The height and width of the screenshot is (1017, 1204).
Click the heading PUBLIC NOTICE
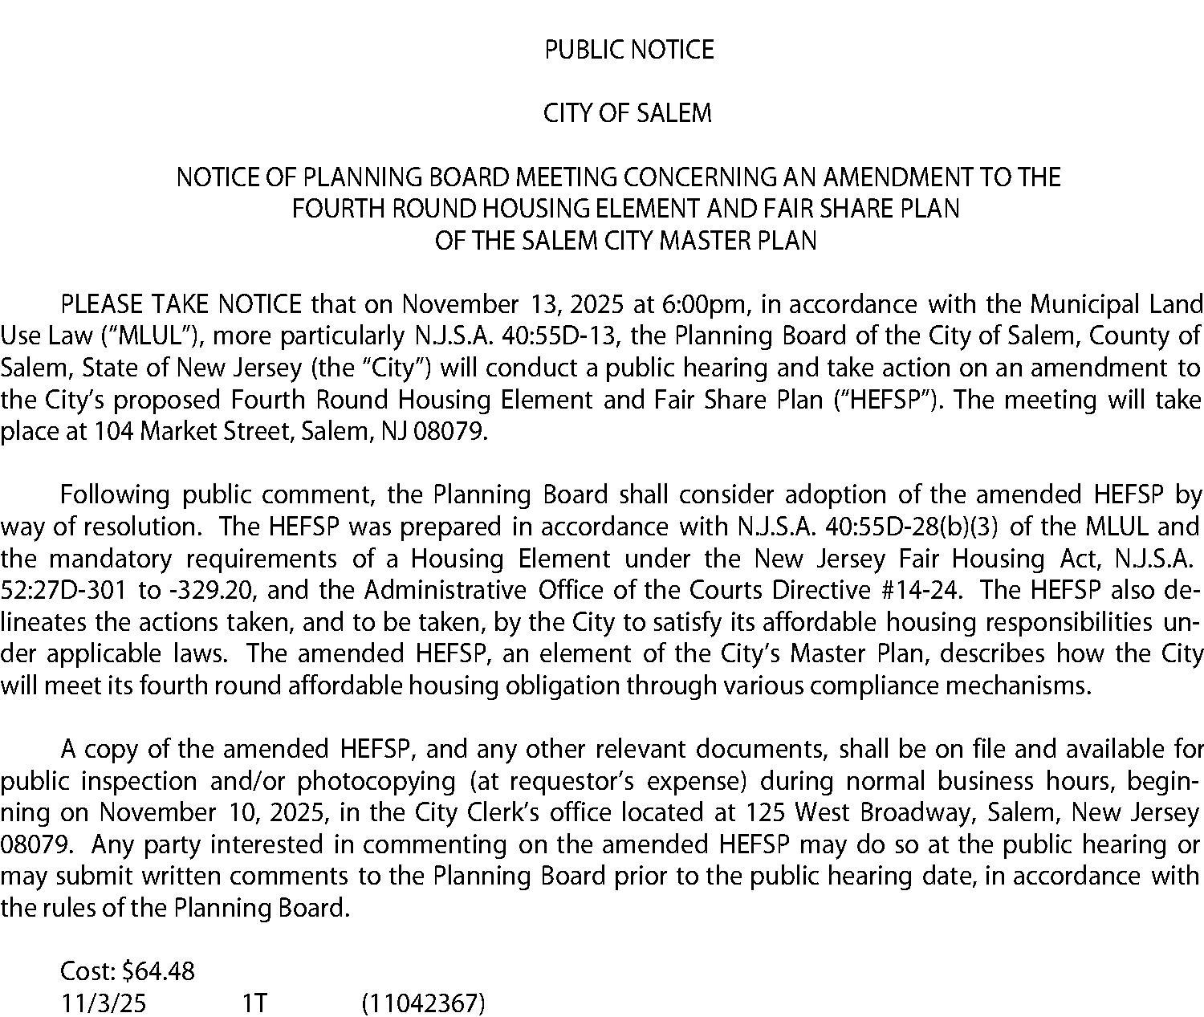[628, 50]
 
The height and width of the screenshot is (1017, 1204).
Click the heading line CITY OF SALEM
[627, 113]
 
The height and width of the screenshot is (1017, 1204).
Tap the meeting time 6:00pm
[704, 305]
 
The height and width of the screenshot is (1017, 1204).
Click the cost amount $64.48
[158, 971]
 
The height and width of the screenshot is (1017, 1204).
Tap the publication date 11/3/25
[104, 1003]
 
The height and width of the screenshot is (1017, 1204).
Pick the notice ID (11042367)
[423, 1003]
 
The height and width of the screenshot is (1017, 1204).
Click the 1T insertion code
[254, 1003]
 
